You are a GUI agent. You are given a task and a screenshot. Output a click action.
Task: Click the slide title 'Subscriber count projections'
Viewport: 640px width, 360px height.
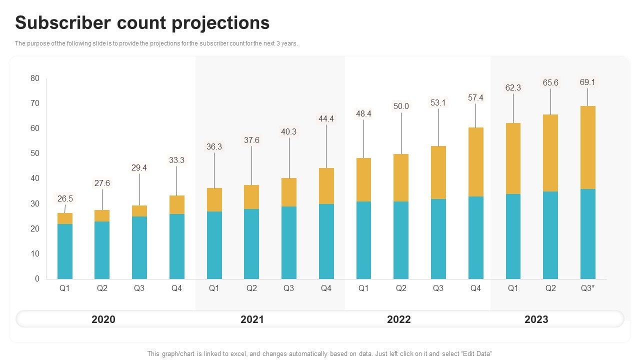click(x=142, y=23)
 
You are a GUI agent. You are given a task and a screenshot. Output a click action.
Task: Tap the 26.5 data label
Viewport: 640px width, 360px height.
click(x=65, y=198)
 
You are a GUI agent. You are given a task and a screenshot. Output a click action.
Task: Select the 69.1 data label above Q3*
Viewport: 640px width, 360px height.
click(x=587, y=82)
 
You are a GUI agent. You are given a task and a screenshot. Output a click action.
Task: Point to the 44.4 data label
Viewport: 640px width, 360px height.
click(x=326, y=118)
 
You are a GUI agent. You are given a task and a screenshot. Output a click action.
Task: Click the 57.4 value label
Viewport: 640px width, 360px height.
click(x=475, y=97)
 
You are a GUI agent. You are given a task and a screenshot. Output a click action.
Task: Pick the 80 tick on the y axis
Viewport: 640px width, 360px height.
click(x=35, y=78)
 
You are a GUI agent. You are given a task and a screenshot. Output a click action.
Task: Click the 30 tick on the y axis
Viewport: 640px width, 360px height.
click(x=35, y=203)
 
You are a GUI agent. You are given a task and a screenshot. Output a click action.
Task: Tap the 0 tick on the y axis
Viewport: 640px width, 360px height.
click(x=37, y=278)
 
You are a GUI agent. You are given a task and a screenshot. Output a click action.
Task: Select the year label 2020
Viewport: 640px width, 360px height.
click(x=103, y=319)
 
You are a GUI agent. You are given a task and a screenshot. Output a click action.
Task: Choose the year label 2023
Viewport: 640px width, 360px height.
click(x=536, y=319)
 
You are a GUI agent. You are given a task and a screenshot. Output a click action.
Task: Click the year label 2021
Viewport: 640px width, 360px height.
click(x=252, y=319)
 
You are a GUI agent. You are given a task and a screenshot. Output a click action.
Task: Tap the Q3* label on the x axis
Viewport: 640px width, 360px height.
click(x=587, y=288)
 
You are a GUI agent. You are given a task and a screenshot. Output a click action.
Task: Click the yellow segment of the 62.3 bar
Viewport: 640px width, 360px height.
click(x=513, y=158)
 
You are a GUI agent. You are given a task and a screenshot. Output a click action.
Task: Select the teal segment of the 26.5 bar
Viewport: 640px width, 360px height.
click(x=65, y=251)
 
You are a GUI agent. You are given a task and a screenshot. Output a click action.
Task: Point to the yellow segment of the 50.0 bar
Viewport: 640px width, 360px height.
click(x=401, y=177)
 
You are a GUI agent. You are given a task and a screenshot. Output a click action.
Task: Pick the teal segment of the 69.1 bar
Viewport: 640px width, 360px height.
click(x=587, y=233)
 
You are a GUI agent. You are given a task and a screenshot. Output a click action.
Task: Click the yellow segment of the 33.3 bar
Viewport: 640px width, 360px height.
click(x=177, y=204)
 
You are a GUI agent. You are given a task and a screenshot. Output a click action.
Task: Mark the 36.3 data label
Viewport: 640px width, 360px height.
click(x=214, y=146)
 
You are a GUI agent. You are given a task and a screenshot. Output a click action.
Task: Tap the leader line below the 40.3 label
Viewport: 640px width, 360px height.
click(x=289, y=157)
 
